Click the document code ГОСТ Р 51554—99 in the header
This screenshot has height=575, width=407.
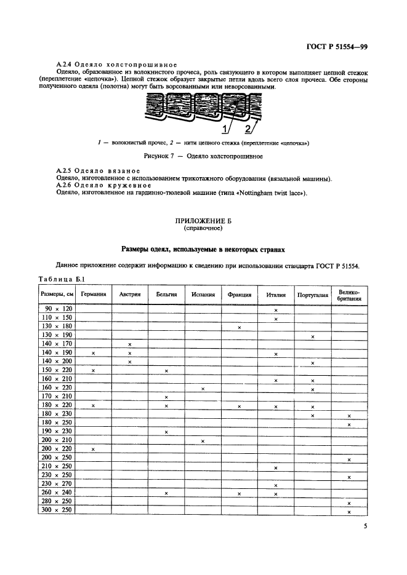(x=342, y=47)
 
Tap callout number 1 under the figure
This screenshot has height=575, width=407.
(x=226, y=129)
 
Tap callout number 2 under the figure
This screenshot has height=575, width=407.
(x=249, y=129)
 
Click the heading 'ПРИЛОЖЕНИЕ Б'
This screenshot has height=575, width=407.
(x=203, y=220)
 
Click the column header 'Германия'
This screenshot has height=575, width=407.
(x=92, y=295)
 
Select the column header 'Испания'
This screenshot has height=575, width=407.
(x=203, y=295)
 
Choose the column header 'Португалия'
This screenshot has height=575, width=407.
(x=313, y=295)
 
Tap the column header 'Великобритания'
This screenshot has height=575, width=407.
(x=349, y=295)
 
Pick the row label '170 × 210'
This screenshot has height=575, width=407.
(x=57, y=397)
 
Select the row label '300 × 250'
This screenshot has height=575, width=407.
(x=57, y=512)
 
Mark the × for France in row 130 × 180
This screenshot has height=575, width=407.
(x=239, y=328)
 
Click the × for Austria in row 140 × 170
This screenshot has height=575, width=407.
(x=129, y=344)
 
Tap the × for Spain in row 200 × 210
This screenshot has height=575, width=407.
(x=203, y=441)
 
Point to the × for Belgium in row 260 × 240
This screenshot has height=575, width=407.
(x=166, y=494)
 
